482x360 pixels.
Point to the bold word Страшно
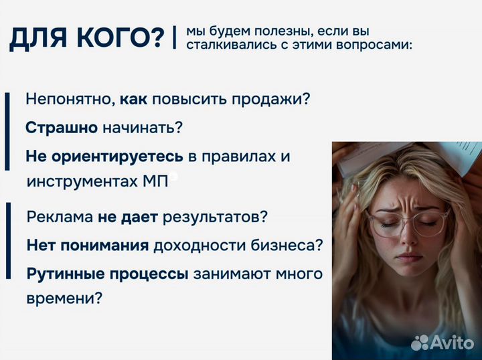[x=62, y=127]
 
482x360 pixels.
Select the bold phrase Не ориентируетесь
[x=104, y=156]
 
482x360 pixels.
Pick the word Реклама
[x=60, y=217]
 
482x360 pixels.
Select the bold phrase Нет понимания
[x=88, y=245]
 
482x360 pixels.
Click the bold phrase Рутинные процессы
[x=108, y=274]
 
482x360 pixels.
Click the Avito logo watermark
[x=443, y=343]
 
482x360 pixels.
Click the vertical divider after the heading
[x=174, y=37]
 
